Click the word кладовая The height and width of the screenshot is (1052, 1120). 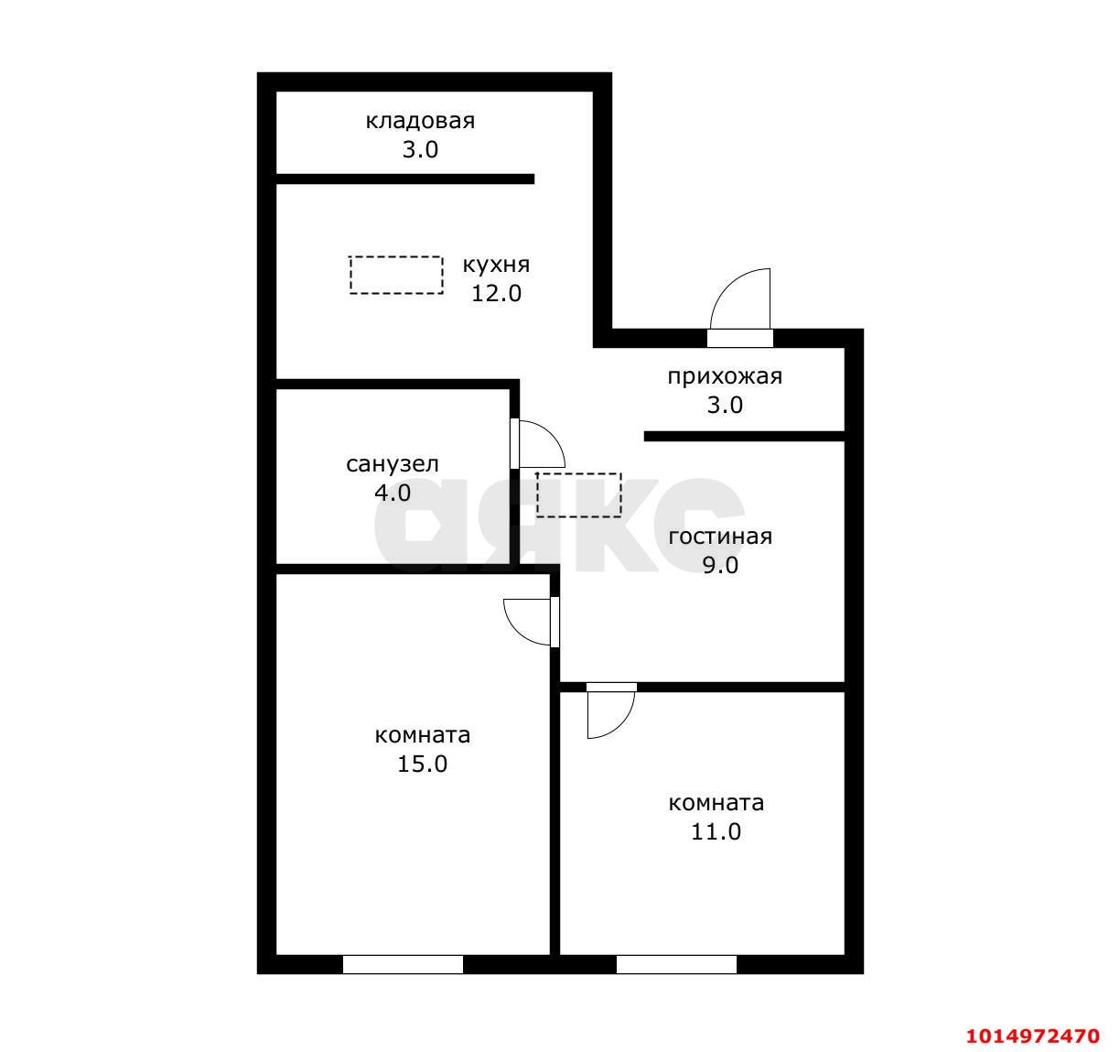420,122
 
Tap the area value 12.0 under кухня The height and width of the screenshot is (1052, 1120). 496,294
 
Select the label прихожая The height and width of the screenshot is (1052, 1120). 726,377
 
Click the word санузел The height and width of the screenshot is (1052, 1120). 392,464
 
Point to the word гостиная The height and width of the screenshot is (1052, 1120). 720,537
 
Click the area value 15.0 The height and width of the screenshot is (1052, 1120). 423,765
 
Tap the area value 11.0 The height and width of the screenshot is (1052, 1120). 716,832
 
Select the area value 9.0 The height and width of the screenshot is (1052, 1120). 720,565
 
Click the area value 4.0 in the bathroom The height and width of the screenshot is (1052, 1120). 393,493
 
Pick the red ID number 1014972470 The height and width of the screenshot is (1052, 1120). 1033,1036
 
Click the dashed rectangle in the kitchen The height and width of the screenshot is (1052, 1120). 396,275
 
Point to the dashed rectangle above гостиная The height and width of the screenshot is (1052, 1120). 578,495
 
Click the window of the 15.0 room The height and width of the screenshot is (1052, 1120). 403,964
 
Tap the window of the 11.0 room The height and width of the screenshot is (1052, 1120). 676,964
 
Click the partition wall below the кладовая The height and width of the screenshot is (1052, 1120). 405,179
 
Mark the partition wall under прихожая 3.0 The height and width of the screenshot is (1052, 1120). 745,436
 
